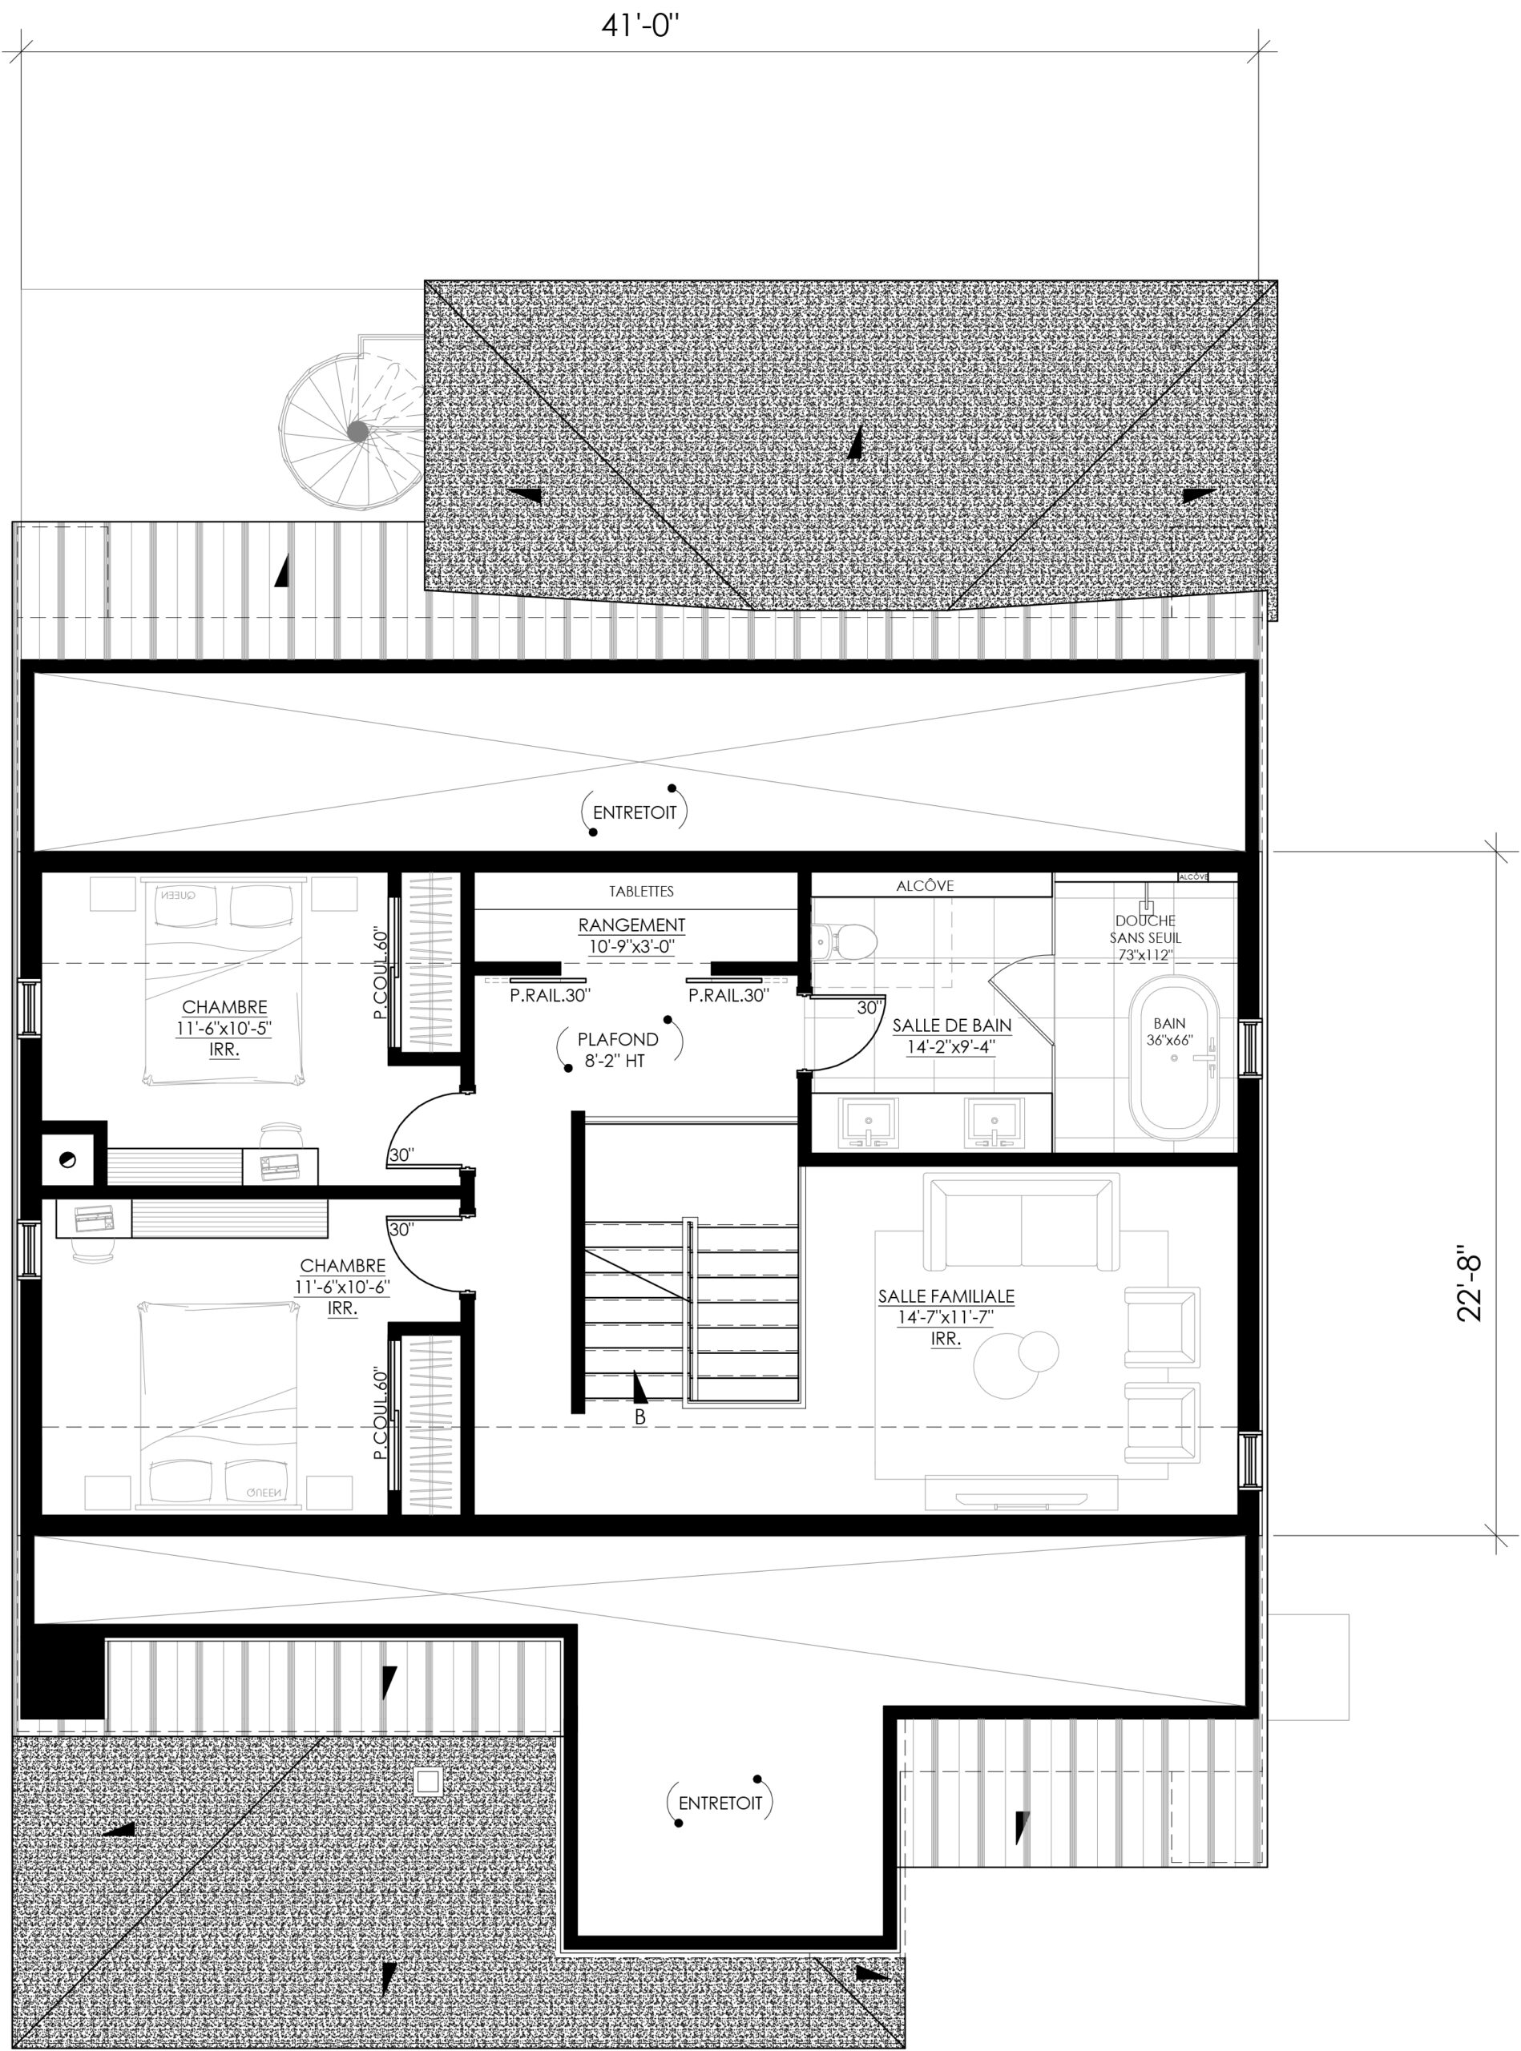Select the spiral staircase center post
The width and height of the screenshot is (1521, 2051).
pyautogui.click(x=357, y=431)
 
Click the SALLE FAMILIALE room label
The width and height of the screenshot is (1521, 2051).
pyautogui.click(x=946, y=1296)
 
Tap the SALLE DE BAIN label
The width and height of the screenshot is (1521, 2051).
pyautogui.click(x=952, y=1025)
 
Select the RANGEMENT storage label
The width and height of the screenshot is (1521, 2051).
pyautogui.click(x=631, y=925)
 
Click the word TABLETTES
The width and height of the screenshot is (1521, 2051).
pyautogui.click(x=641, y=891)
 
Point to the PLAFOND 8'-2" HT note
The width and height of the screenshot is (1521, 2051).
pyautogui.click(x=618, y=1050)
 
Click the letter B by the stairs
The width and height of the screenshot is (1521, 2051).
pyautogui.click(x=639, y=1417)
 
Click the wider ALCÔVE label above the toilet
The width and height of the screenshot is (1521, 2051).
pyautogui.click(x=926, y=885)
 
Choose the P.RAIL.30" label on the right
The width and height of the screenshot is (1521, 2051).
pyautogui.click(x=728, y=995)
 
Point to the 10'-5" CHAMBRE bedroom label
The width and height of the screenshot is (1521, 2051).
pyautogui.click(x=224, y=1028)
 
